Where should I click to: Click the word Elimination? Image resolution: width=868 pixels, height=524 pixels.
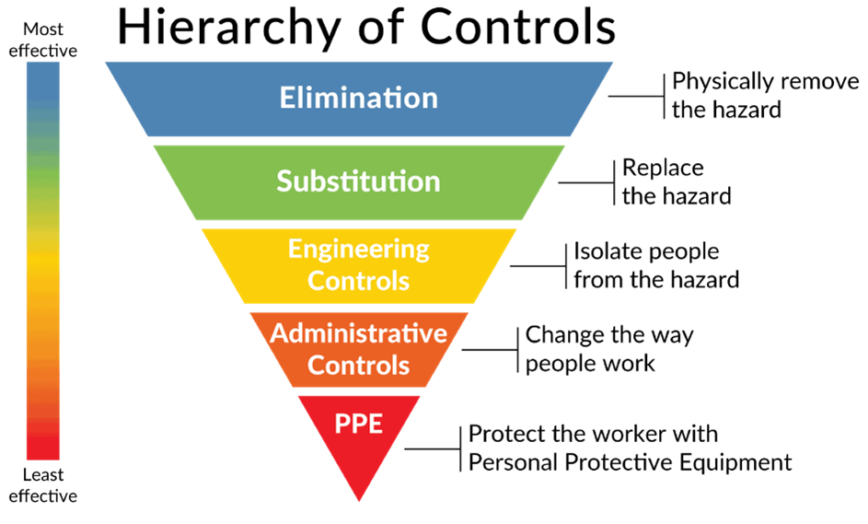(358, 98)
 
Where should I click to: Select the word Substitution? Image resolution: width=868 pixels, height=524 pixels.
(358, 180)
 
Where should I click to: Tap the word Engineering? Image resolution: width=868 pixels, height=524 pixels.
(358, 249)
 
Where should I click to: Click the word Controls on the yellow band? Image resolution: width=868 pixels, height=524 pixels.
(358, 280)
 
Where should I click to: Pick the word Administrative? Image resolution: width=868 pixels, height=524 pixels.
(358, 332)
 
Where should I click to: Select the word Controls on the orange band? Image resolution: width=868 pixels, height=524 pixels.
(358, 365)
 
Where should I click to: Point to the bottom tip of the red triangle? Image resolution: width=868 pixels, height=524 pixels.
(358, 501)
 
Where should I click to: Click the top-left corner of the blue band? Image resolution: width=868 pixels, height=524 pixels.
(106, 63)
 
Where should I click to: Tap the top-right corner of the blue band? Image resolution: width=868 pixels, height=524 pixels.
(612, 63)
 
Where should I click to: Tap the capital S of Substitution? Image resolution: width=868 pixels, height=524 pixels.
(284, 180)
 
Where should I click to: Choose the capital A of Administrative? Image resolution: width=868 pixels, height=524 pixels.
(278, 332)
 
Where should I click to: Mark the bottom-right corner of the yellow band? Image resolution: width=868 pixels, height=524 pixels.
(475, 303)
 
